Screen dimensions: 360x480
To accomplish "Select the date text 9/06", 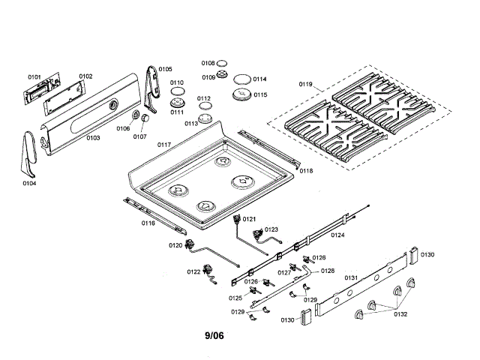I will (x=214, y=335).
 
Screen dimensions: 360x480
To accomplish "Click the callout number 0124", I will (x=338, y=235).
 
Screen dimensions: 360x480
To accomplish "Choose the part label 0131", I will (x=350, y=278).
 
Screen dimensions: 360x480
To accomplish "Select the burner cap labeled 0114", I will (x=241, y=79).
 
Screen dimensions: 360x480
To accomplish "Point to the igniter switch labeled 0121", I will (x=240, y=220).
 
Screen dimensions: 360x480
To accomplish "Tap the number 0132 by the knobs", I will (x=400, y=314).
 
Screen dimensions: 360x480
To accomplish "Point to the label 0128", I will (x=328, y=271).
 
